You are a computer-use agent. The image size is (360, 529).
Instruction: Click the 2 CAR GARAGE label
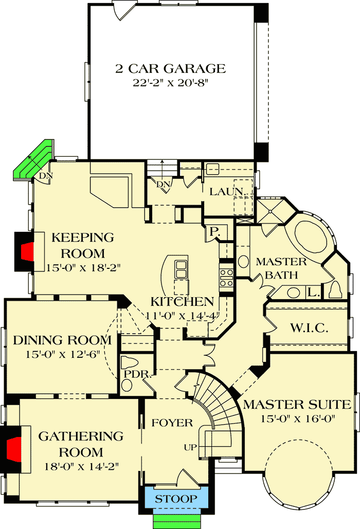tap(170, 68)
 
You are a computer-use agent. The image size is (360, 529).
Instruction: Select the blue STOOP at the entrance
tap(176, 499)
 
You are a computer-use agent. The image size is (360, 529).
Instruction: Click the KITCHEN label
tap(182, 302)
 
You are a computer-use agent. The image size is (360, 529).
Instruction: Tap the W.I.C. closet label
tap(310, 328)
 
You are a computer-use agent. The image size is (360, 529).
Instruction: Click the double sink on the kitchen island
tap(181, 267)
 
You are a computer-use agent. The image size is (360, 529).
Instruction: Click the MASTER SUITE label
tap(296, 404)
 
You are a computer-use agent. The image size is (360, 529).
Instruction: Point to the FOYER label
tap(172, 423)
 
